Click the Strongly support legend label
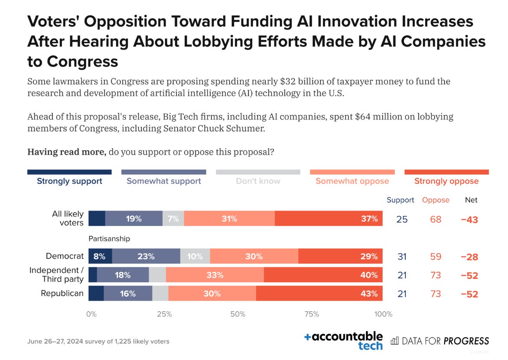point(69,181)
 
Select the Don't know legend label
point(258,181)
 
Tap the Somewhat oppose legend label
point(352,181)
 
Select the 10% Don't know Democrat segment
point(195,256)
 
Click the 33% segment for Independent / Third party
point(215,275)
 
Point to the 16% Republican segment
point(128,293)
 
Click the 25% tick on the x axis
point(164,314)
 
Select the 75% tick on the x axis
point(312,314)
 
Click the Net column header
point(471,200)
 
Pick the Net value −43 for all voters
point(469,219)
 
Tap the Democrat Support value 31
point(402,256)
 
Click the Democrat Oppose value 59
point(436,256)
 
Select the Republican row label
point(62,293)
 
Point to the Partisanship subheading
point(109,239)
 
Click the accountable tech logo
point(344,341)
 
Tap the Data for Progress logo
point(440,341)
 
